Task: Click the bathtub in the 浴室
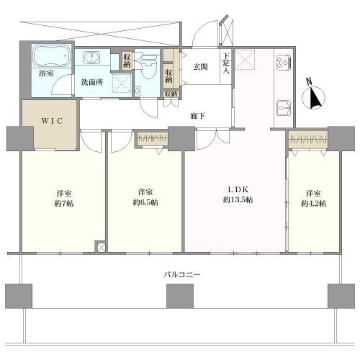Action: coord(51,55)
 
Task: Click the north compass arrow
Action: coord(315,97)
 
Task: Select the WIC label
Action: coord(50,120)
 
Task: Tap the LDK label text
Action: coord(238,190)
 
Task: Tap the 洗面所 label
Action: coord(91,81)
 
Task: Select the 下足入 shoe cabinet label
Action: coord(225,65)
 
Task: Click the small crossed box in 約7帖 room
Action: coord(100,248)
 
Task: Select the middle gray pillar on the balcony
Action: coord(180,295)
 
